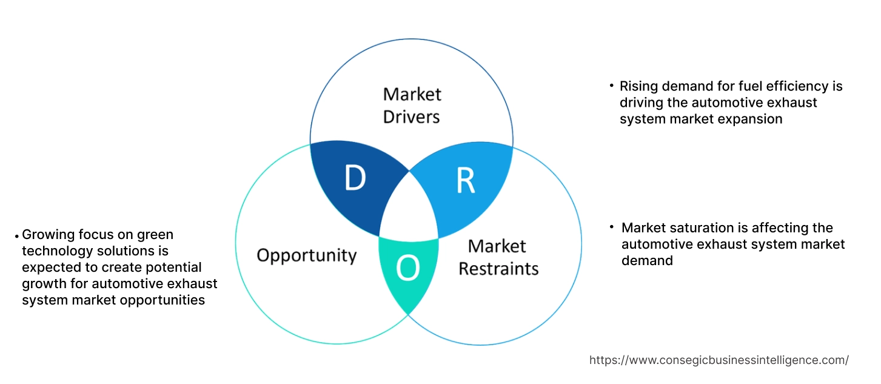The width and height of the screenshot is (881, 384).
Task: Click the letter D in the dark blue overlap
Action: coord(355,178)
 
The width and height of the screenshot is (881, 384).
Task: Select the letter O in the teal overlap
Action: coord(408,269)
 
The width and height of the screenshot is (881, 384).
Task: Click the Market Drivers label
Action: coord(412,105)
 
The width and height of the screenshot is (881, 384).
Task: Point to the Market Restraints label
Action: coord(498,257)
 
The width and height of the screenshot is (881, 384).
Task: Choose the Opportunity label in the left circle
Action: coord(306,255)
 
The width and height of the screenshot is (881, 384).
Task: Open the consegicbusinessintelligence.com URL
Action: coord(719,360)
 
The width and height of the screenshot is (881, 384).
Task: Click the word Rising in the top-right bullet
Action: coord(638,87)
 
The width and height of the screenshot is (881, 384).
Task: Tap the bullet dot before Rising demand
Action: coord(611,86)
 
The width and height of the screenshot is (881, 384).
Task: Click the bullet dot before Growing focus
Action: coord(16,235)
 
